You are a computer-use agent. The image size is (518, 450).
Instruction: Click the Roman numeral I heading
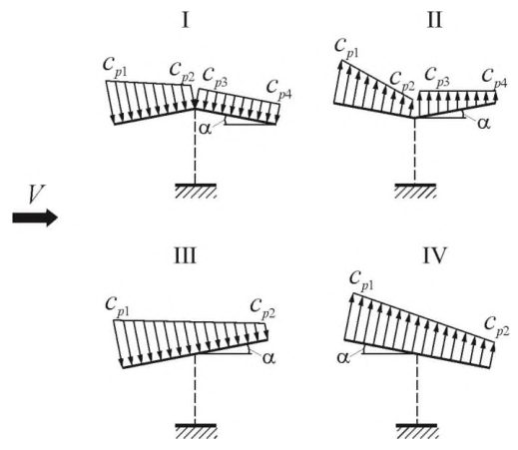[186, 20]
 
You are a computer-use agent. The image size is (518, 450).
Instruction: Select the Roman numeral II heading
[434, 20]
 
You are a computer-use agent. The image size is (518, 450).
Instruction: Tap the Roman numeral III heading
[186, 255]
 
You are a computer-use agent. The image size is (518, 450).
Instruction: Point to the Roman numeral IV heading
[434, 255]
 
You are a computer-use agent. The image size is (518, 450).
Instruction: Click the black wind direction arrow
[35, 218]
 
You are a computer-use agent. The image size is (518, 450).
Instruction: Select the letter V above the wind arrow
[36, 194]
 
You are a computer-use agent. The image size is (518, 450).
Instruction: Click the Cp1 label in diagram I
[115, 67]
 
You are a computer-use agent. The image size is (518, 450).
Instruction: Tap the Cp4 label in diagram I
[278, 90]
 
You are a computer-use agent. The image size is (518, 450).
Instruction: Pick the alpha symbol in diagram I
[205, 128]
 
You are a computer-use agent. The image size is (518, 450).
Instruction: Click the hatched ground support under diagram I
[196, 191]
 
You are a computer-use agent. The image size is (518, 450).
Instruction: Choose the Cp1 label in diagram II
[346, 49]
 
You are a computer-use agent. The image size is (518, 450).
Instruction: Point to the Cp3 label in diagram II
[437, 78]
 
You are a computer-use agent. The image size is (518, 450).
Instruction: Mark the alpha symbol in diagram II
[483, 124]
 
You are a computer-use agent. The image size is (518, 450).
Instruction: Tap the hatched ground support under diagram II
[415, 191]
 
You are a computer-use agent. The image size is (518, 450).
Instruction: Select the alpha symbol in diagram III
[268, 358]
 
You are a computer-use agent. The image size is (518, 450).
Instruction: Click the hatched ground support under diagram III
[196, 431]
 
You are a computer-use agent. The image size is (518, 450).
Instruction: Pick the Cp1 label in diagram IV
[361, 281]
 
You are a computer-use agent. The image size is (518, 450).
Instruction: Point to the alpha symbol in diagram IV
[343, 358]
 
